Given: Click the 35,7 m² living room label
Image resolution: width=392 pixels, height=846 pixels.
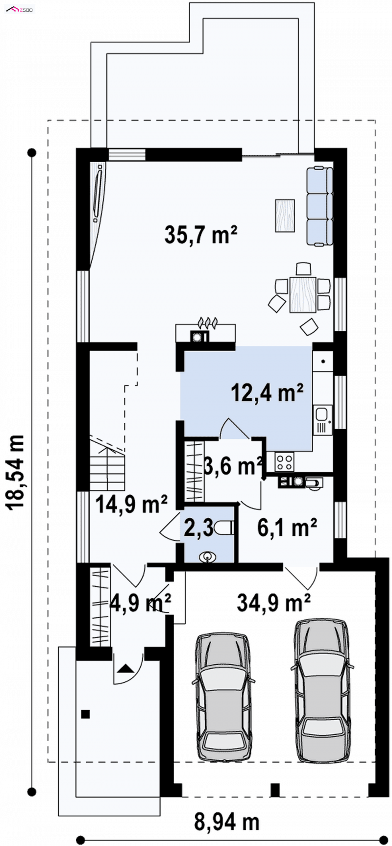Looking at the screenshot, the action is click(x=201, y=235).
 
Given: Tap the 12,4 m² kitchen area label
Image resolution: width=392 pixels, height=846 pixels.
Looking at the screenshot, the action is click(x=268, y=393).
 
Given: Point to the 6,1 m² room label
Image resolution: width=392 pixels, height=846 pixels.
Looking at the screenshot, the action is click(x=287, y=528).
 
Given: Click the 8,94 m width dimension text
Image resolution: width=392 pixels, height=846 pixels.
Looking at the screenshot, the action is click(x=227, y=822).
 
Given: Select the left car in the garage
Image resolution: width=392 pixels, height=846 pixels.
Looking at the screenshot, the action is click(x=223, y=696).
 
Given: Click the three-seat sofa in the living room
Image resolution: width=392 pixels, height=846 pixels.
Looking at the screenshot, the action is click(x=320, y=206).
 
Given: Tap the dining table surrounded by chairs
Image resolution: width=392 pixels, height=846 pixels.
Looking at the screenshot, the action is click(x=302, y=294).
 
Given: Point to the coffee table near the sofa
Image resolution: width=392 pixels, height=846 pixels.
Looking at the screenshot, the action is click(x=285, y=215).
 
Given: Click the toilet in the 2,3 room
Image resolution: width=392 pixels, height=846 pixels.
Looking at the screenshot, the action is click(x=227, y=527).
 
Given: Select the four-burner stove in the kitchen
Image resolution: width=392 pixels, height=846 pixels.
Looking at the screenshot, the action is click(x=285, y=460).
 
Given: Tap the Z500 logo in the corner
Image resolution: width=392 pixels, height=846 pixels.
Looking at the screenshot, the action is click(x=19, y=9).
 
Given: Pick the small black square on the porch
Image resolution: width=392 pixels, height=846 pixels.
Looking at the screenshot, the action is click(x=86, y=714).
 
